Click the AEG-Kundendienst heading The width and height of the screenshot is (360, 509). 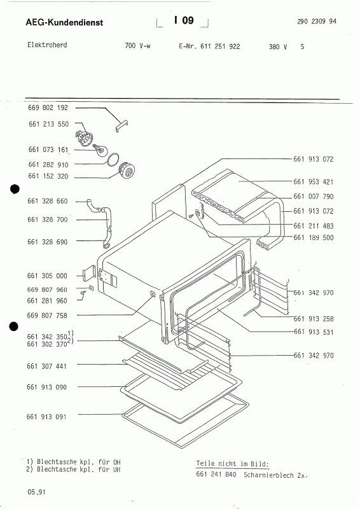(x=64, y=22)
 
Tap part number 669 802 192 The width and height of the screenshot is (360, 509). (x=48, y=108)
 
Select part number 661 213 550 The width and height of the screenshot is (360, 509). (x=49, y=124)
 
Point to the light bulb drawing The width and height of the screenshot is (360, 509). (x=100, y=150)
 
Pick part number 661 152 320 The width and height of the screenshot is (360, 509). (x=48, y=176)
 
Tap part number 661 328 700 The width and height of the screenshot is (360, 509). (x=48, y=220)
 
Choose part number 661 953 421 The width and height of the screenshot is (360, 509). (x=314, y=182)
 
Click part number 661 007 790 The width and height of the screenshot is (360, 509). (x=314, y=197)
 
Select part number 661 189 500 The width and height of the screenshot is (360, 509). (x=314, y=237)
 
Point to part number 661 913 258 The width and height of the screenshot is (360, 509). (x=314, y=319)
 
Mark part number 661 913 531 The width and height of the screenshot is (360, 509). (x=314, y=332)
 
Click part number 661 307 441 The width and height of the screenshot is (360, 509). (x=46, y=366)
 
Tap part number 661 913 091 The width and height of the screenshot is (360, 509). (x=46, y=417)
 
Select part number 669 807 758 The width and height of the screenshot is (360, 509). (x=48, y=316)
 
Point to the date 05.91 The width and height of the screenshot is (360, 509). (x=37, y=492)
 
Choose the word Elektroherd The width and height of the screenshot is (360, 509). (x=47, y=45)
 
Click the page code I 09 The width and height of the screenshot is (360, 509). (x=184, y=20)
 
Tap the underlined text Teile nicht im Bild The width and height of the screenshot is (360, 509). (x=232, y=464)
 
